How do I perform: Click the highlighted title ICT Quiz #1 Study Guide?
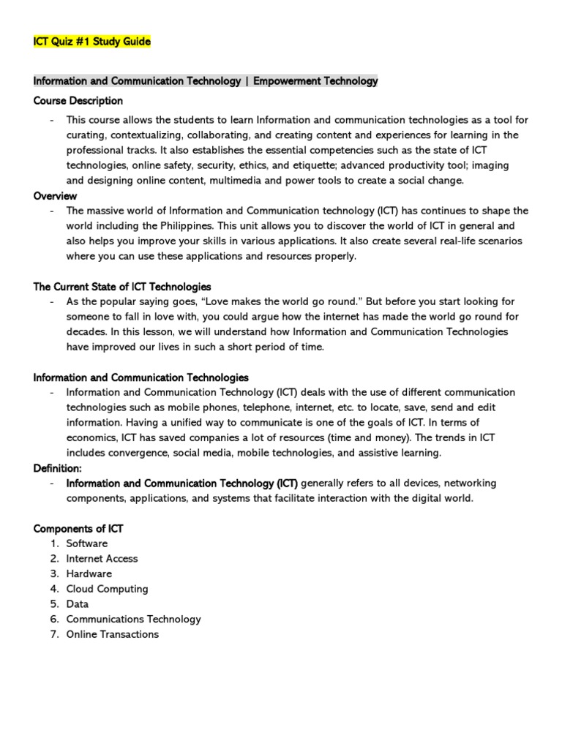92,42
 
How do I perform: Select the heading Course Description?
78,100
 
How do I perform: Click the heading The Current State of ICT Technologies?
122,287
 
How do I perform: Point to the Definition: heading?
58,468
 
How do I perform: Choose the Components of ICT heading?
83,528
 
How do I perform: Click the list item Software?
87,543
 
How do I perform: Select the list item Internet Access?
102,559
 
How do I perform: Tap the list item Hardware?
89,574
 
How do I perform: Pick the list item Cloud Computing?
107,589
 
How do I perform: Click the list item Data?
78,604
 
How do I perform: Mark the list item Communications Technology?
133,620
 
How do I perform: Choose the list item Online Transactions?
112,635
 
